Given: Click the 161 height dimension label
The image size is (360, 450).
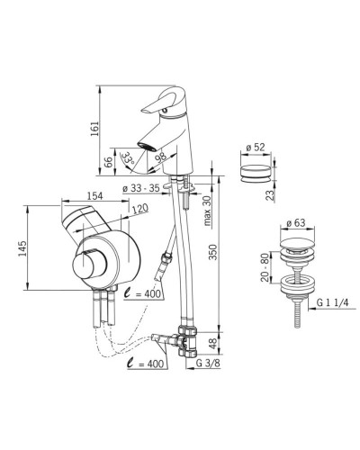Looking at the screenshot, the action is [x=94, y=129].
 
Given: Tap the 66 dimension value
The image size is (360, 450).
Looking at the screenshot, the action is [x=109, y=162].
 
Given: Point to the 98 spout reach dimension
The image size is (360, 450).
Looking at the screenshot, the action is [x=161, y=157].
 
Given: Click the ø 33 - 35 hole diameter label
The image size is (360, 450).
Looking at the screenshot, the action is [x=141, y=189].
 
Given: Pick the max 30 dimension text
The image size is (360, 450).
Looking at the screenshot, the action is [x=208, y=211].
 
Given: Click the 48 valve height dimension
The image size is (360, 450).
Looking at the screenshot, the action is [x=212, y=344].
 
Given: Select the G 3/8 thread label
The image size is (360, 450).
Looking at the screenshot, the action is [x=208, y=364].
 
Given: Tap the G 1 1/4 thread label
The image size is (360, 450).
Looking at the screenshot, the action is [x=333, y=303].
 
